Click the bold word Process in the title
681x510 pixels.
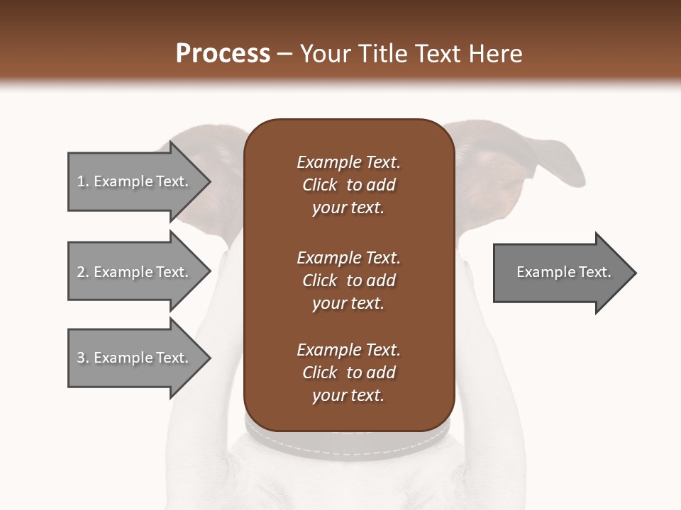[x=223, y=54]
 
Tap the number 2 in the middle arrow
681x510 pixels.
[x=81, y=272]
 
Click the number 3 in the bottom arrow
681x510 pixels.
[x=81, y=358]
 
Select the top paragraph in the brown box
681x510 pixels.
[x=348, y=185]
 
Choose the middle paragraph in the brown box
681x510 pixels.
[x=348, y=280]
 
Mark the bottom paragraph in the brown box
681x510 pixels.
[x=348, y=373]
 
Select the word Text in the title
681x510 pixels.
[x=445, y=54]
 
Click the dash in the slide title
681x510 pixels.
[x=285, y=55]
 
